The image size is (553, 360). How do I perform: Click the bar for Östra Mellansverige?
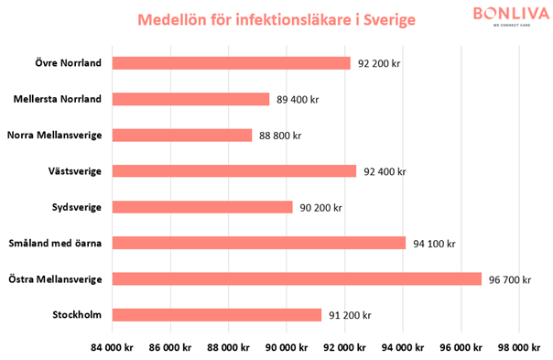pos(297,278)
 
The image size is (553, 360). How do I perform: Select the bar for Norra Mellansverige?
pos(182,135)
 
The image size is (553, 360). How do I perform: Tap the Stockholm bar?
pos(217,315)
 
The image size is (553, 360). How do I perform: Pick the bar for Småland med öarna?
pos(259,243)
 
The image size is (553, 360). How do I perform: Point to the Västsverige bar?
pos(234,170)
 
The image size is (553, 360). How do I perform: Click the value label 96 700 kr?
pos(509,278)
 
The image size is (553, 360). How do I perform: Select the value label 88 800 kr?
pos(280,136)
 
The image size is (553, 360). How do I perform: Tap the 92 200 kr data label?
pos(380,63)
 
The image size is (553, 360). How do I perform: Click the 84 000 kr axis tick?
pos(113,347)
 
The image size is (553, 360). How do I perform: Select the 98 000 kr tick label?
pos(518,347)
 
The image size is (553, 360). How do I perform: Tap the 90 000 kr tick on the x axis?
pos(287,347)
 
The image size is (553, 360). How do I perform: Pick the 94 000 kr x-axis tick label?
pos(402,347)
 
